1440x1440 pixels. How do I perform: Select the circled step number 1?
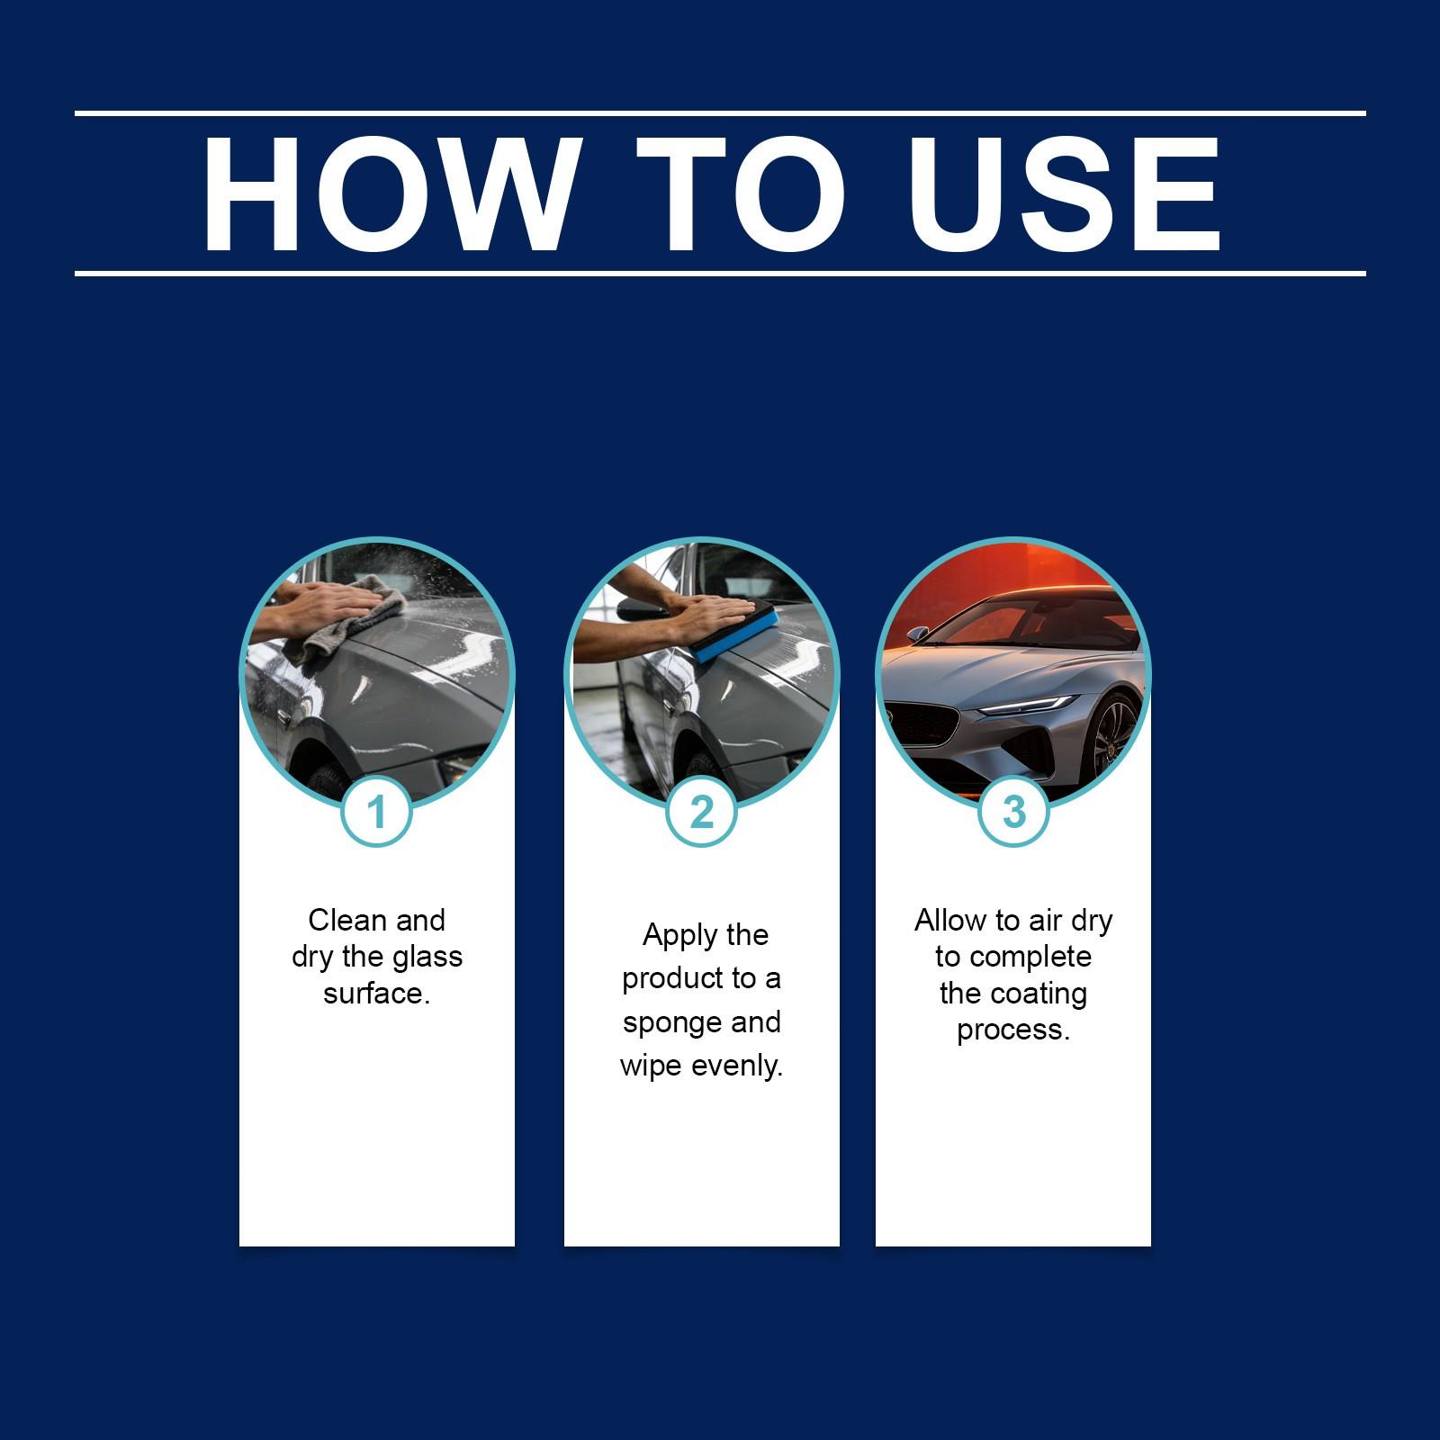coord(377,813)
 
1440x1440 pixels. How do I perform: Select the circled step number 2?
coord(701,813)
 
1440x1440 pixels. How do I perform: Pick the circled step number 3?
coord(1013,813)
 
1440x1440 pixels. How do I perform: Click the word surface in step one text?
coord(376,994)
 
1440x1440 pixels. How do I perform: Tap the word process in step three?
coord(1013,1030)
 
